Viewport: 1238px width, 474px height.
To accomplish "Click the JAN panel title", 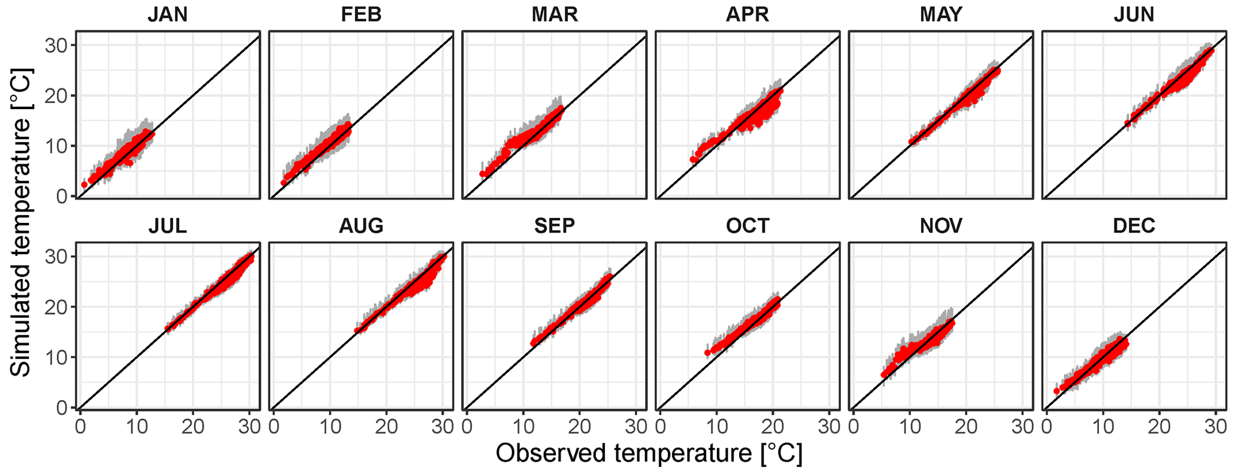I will coord(168,14).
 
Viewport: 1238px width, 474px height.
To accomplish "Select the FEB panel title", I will coord(361,14).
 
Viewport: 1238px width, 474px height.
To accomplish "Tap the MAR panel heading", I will coord(555,14).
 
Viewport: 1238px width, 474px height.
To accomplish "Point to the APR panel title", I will coord(747,14).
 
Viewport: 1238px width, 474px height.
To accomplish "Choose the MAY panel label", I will coord(941,14).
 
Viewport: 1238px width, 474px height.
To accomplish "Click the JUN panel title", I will coord(1134,14).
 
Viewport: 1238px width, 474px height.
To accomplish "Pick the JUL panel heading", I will coord(168,226).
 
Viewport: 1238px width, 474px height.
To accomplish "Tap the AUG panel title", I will coord(361,226).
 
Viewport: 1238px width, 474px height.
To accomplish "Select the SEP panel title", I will coord(555,226).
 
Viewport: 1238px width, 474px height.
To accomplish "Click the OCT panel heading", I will coord(747,226).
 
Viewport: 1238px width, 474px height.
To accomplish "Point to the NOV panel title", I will coord(941,226).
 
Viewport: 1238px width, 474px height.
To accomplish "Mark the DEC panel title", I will coord(1134,226).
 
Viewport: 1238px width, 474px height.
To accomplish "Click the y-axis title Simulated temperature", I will coord(22,222).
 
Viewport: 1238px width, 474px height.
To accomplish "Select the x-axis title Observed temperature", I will coord(649,454).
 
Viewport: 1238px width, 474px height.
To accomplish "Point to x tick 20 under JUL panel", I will coord(193,427).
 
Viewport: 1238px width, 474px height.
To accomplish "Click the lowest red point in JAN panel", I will coord(84,185).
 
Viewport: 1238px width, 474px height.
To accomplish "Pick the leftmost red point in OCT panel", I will coord(707,352).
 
